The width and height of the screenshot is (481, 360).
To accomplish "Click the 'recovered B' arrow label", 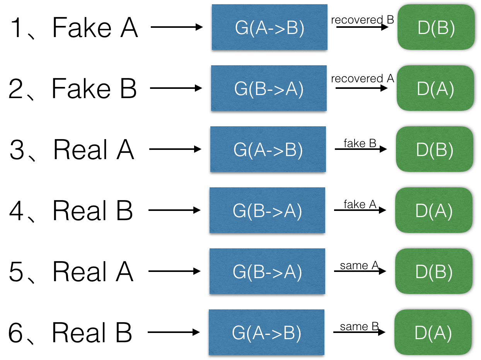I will pyautogui.click(x=362, y=20).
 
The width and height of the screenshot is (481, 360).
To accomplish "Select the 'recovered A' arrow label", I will pyautogui.click(x=362, y=79).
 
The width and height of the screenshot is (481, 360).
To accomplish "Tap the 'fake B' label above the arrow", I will pyautogui.click(x=360, y=144).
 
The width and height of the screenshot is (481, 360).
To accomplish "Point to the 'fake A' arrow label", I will pyautogui.click(x=360, y=204).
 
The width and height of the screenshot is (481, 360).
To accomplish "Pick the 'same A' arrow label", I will pyautogui.click(x=359, y=266).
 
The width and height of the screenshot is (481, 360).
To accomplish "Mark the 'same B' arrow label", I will pyautogui.click(x=359, y=327).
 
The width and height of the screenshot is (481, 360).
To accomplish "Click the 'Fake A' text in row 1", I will pyautogui.click(x=95, y=28).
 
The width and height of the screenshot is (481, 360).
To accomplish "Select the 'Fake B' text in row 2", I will pyautogui.click(x=94, y=88).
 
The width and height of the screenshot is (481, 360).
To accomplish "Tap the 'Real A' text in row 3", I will pyautogui.click(x=94, y=150).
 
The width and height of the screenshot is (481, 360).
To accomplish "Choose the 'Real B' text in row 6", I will pyautogui.click(x=92, y=333).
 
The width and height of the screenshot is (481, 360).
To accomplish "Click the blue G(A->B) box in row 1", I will pyautogui.click(x=269, y=27).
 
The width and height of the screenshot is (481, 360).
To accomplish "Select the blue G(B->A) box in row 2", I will pyautogui.click(x=269, y=88).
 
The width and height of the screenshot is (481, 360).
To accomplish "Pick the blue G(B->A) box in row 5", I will pyautogui.click(x=267, y=272).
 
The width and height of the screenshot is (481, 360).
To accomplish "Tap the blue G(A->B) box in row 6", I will pyautogui.click(x=266, y=333).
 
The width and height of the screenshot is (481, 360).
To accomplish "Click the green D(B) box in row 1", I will pyautogui.click(x=436, y=28).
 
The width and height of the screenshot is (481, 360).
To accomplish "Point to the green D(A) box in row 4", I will pyautogui.click(x=433, y=211).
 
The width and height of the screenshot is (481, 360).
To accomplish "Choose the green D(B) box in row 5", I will pyautogui.click(x=433, y=272).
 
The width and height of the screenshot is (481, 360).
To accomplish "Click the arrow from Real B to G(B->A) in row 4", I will pyautogui.click(x=174, y=211).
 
